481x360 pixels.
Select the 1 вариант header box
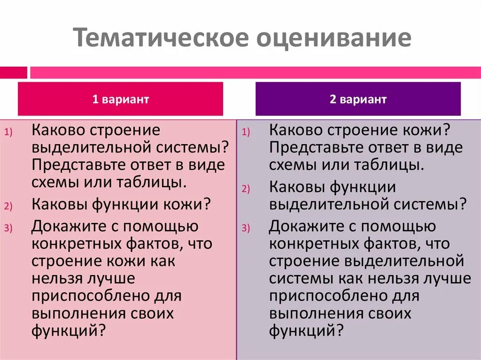click(x=120, y=99)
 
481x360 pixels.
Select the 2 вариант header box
click(x=358, y=99)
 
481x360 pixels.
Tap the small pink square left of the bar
click(x=13, y=73)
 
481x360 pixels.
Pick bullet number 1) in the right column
click(x=247, y=133)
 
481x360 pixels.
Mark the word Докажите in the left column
click(x=69, y=227)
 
